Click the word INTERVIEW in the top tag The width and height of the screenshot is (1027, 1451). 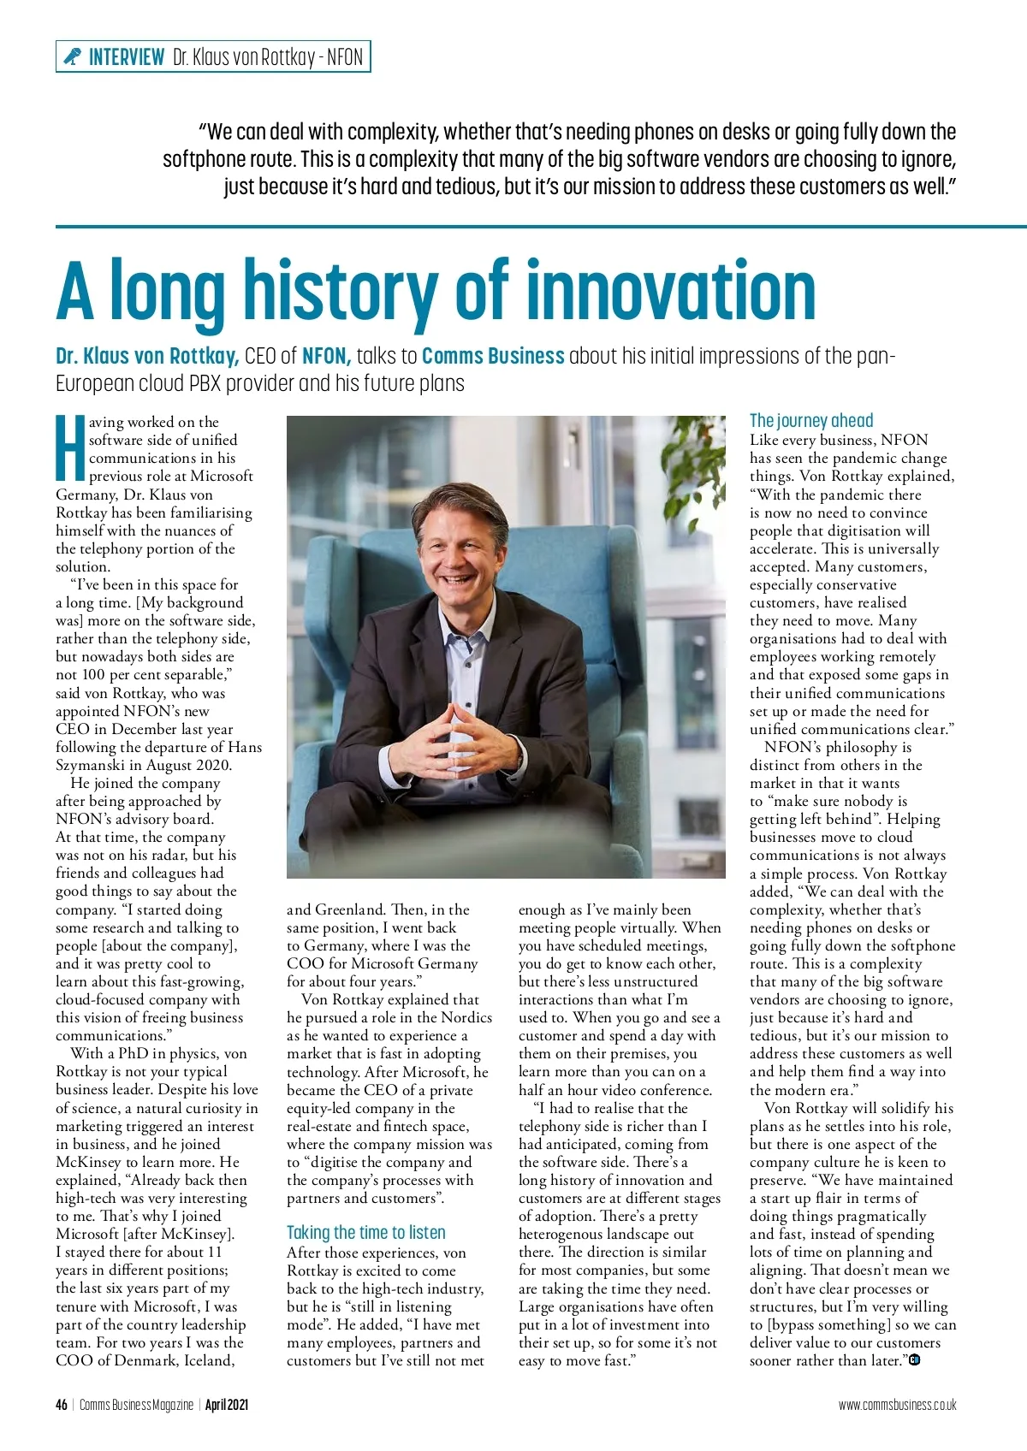127,57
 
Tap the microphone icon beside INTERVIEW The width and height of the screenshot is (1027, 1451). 73,57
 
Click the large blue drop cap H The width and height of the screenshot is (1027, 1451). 70,447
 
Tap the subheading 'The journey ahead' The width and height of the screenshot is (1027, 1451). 811,420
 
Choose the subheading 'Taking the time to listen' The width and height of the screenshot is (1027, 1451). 365,1232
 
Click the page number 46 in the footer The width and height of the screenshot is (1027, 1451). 62,1405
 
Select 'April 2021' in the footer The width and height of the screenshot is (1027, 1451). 227,1405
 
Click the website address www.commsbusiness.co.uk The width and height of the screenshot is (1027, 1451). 897,1405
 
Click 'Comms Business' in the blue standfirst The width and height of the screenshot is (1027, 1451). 493,356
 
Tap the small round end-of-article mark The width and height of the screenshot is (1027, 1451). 914,1359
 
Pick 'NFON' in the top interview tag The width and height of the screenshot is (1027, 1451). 345,57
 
